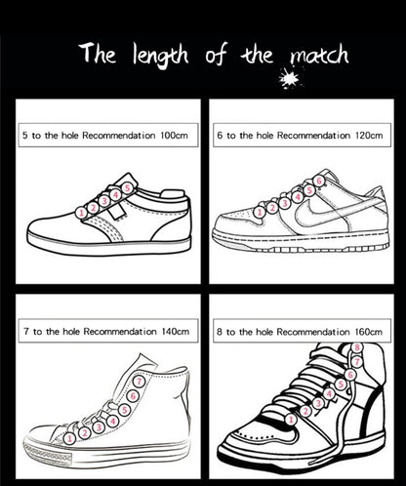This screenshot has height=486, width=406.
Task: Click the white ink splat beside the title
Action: tap(289, 78)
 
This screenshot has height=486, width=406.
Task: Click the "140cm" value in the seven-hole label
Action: tap(172, 333)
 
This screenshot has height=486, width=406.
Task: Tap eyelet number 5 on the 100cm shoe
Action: tap(127, 187)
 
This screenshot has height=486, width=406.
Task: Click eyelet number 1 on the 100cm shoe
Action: tap(81, 212)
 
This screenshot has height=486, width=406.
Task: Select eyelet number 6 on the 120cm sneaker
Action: tap(319, 181)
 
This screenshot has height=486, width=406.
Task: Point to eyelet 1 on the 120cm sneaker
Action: tap(259, 210)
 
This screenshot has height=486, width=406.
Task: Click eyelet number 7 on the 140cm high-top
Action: tap(140, 382)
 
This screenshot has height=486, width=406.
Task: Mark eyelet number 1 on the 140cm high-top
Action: tap(69, 438)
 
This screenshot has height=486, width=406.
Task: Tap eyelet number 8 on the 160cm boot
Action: tap(356, 346)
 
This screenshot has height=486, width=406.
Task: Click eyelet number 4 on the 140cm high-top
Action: tap(113, 421)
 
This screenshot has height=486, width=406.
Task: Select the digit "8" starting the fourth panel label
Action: tap(221, 333)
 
